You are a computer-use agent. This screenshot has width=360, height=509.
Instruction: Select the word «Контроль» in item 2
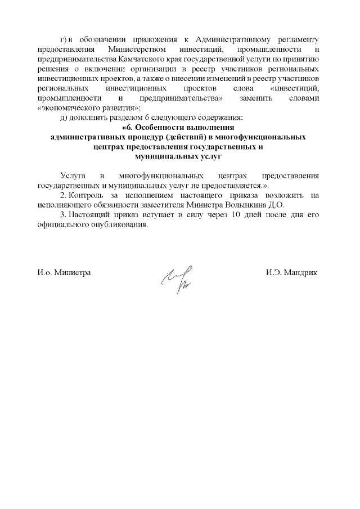84,195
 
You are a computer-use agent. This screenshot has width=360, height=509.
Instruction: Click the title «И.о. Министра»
64,273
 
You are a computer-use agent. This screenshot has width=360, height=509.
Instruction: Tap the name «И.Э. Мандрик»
291,273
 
